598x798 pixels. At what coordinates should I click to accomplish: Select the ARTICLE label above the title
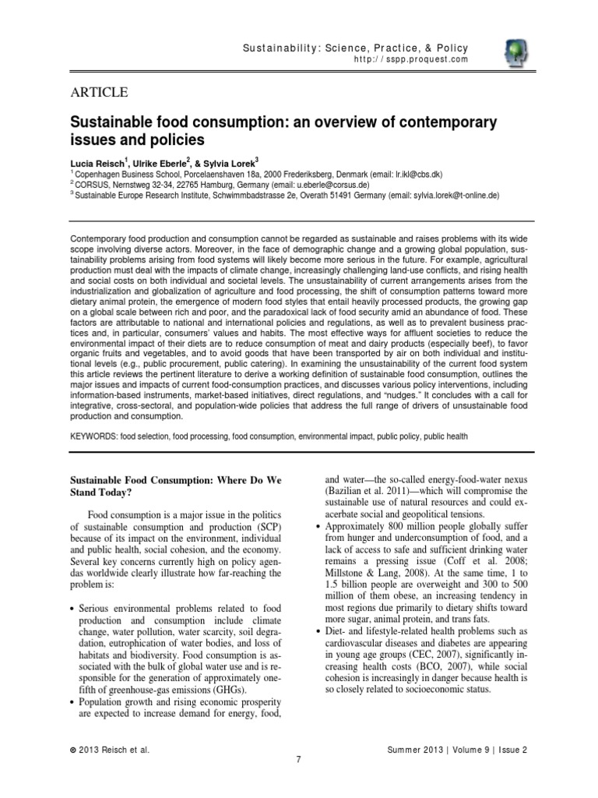100,93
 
